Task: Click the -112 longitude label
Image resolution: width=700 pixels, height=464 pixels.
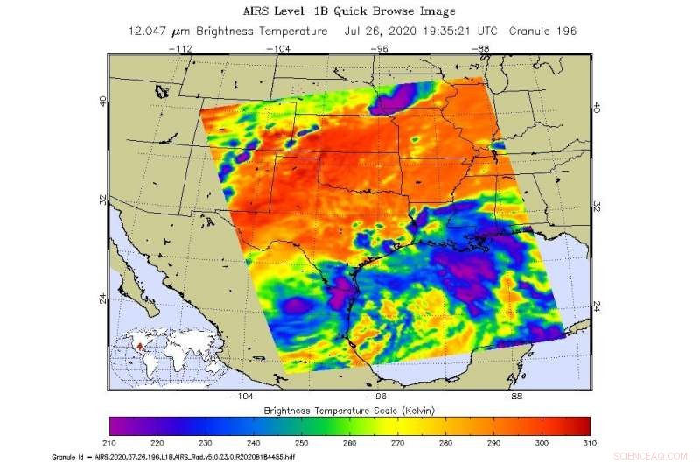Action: click(x=182, y=49)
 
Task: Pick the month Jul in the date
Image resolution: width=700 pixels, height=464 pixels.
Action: click(x=353, y=32)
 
